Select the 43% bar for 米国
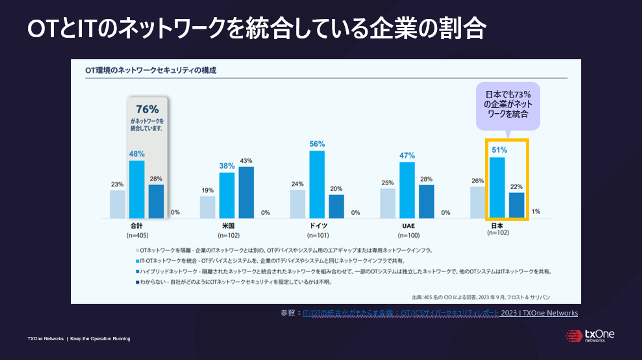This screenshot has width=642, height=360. [246, 193]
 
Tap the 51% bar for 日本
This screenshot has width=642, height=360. [497, 188]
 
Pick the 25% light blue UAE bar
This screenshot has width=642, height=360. [388, 203]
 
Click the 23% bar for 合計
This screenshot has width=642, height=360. [117, 204]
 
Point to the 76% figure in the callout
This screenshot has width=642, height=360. [147, 109]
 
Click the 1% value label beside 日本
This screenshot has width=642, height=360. [536, 211]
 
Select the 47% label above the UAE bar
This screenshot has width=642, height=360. [407, 155]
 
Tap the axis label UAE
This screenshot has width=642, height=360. [408, 226]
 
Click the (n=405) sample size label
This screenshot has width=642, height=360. [137, 235]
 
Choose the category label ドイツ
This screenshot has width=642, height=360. [318, 226]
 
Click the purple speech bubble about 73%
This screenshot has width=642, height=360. [508, 105]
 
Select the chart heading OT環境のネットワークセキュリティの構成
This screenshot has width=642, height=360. [151, 70]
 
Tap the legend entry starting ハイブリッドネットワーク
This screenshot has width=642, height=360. [344, 271]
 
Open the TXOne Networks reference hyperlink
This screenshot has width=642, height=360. [440, 313]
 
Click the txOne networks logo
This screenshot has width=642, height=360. [590, 336]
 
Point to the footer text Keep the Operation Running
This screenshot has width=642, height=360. [100, 339]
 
